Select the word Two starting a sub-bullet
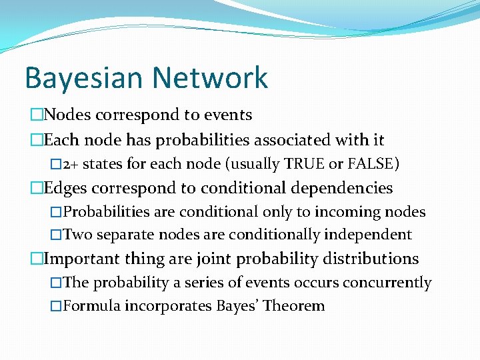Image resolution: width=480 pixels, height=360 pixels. [x=78, y=235]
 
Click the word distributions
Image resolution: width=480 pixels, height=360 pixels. [x=370, y=259]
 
